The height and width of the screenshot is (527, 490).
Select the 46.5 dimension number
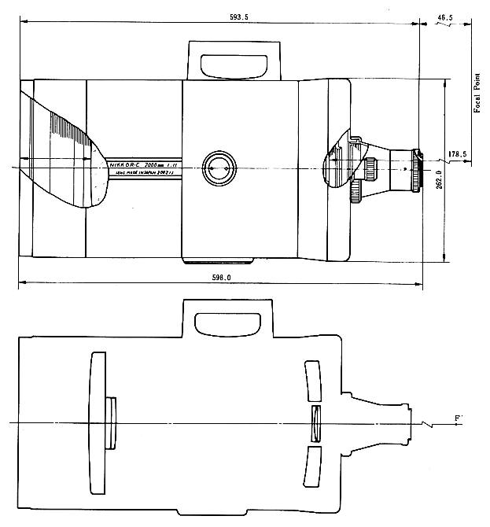click(446, 17)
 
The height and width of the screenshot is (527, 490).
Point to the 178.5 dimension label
click(458, 154)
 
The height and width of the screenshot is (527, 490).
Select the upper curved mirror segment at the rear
click(314, 381)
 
